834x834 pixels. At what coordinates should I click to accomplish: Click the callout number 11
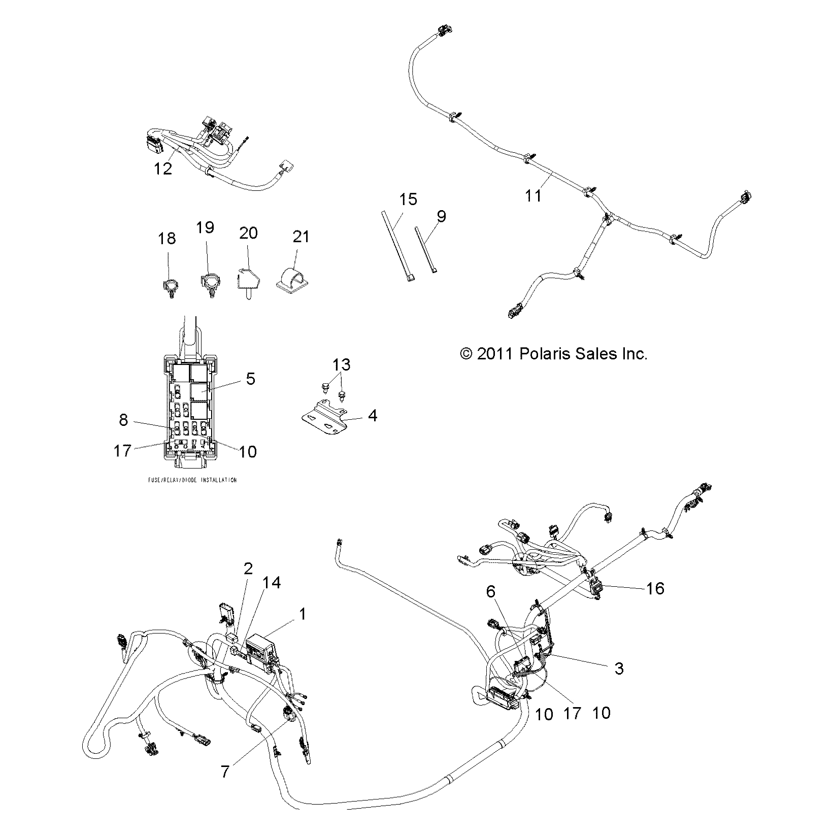(x=533, y=195)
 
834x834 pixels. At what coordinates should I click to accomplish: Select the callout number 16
(x=655, y=588)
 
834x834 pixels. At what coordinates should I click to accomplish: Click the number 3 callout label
(x=619, y=668)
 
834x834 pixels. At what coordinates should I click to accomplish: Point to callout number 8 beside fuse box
(x=123, y=420)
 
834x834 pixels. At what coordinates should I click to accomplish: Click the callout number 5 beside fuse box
(x=250, y=379)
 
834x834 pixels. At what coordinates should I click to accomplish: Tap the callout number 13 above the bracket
(x=342, y=364)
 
